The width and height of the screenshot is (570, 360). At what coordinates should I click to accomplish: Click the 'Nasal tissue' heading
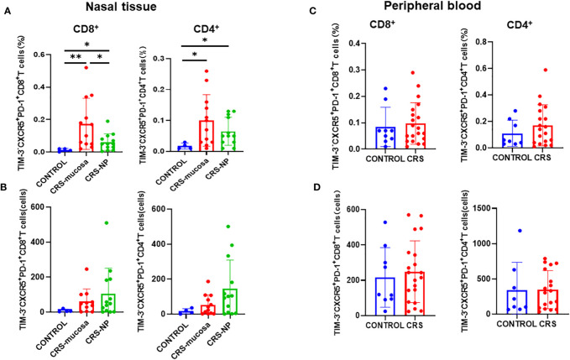122,7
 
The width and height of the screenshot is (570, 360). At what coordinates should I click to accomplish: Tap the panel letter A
7,12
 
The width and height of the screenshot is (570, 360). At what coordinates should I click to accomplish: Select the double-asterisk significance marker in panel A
76,58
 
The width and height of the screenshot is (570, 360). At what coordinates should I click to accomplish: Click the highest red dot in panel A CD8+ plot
86,67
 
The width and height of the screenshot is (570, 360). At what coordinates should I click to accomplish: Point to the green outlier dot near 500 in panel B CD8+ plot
107,222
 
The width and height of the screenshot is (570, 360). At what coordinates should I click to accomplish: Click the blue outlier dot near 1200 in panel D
520,230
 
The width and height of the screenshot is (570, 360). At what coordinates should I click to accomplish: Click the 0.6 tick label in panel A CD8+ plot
40,55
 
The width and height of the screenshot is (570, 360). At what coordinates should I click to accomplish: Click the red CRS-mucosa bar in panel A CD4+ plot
207,136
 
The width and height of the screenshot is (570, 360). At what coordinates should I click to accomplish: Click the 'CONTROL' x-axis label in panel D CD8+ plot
385,325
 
